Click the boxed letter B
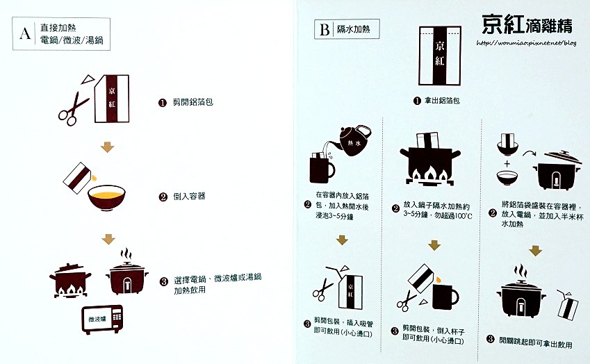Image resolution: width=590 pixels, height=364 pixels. click(x=325, y=30)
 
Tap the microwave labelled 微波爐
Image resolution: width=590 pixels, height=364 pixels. click(x=102, y=320)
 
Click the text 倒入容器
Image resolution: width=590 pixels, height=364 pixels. click(x=189, y=197)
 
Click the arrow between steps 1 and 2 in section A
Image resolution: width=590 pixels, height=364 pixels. click(x=107, y=147)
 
